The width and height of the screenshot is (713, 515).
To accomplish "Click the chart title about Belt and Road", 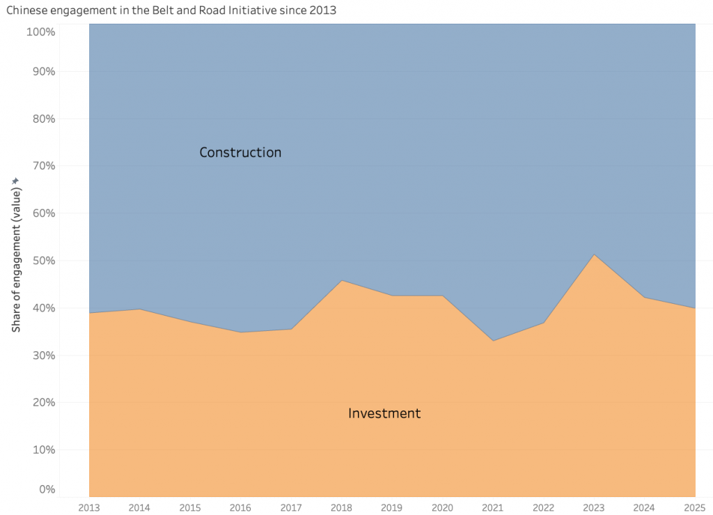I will [x=171, y=11].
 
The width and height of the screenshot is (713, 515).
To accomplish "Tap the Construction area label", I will [x=240, y=152].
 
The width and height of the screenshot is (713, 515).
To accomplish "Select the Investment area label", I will [x=384, y=413].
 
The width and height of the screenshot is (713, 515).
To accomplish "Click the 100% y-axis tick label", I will [x=41, y=32].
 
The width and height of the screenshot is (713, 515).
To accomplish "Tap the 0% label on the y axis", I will [x=47, y=489].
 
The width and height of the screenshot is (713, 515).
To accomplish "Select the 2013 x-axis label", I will [x=89, y=506].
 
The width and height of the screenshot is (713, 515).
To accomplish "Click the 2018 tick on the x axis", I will [x=342, y=506].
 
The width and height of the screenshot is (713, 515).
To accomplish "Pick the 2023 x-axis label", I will [x=594, y=506].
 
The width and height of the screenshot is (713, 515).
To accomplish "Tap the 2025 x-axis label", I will [x=695, y=506].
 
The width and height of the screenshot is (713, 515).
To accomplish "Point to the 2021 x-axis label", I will [x=493, y=506].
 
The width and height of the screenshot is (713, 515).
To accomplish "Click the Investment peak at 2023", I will [x=594, y=254].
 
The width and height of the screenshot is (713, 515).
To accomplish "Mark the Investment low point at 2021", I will [x=493, y=341].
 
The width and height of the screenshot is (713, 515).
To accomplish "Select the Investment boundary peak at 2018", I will [x=342, y=280].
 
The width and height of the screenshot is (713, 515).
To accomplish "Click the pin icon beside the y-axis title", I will [x=15, y=181].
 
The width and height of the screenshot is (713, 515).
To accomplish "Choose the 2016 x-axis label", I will [x=241, y=506].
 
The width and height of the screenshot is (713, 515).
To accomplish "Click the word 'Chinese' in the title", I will [x=27, y=11].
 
